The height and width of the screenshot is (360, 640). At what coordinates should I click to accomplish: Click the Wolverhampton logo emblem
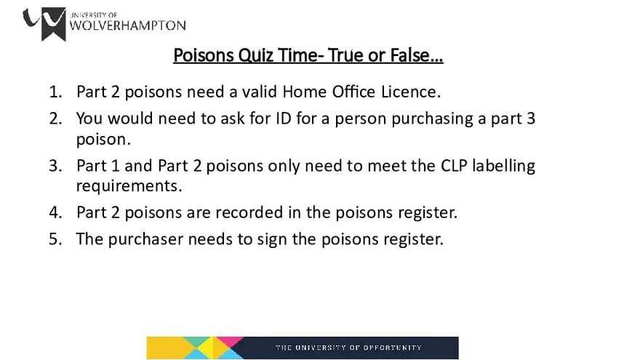[x=44, y=24]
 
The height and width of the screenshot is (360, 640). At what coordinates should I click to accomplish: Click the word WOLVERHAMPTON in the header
[x=127, y=25]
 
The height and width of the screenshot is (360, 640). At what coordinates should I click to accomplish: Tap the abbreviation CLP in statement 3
[x=454, y=166]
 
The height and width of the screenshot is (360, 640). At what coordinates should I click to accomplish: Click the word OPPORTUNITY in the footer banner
[x=392, y=348]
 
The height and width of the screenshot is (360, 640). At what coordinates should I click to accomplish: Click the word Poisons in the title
[x=203, y=55]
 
